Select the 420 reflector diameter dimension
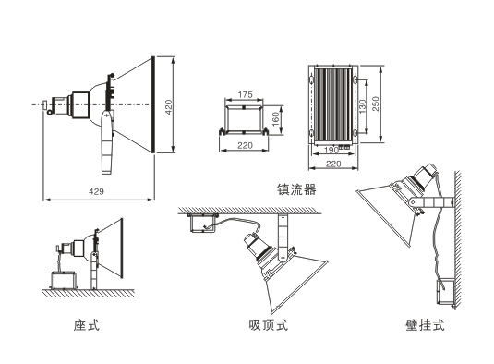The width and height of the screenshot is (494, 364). click(169, 107)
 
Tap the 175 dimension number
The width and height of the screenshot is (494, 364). click(245, 95)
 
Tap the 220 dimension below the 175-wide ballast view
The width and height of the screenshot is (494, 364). click(245, 146)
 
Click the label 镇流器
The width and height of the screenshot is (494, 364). click(296, 188)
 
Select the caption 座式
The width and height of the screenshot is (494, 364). click(86, 325)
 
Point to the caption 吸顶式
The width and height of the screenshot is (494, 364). click(268, 325)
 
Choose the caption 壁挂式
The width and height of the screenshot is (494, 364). click(425, 325)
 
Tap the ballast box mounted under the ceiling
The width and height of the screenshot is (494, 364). click(198, 222)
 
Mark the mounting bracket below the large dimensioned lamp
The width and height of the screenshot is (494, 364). click(107, 145)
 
